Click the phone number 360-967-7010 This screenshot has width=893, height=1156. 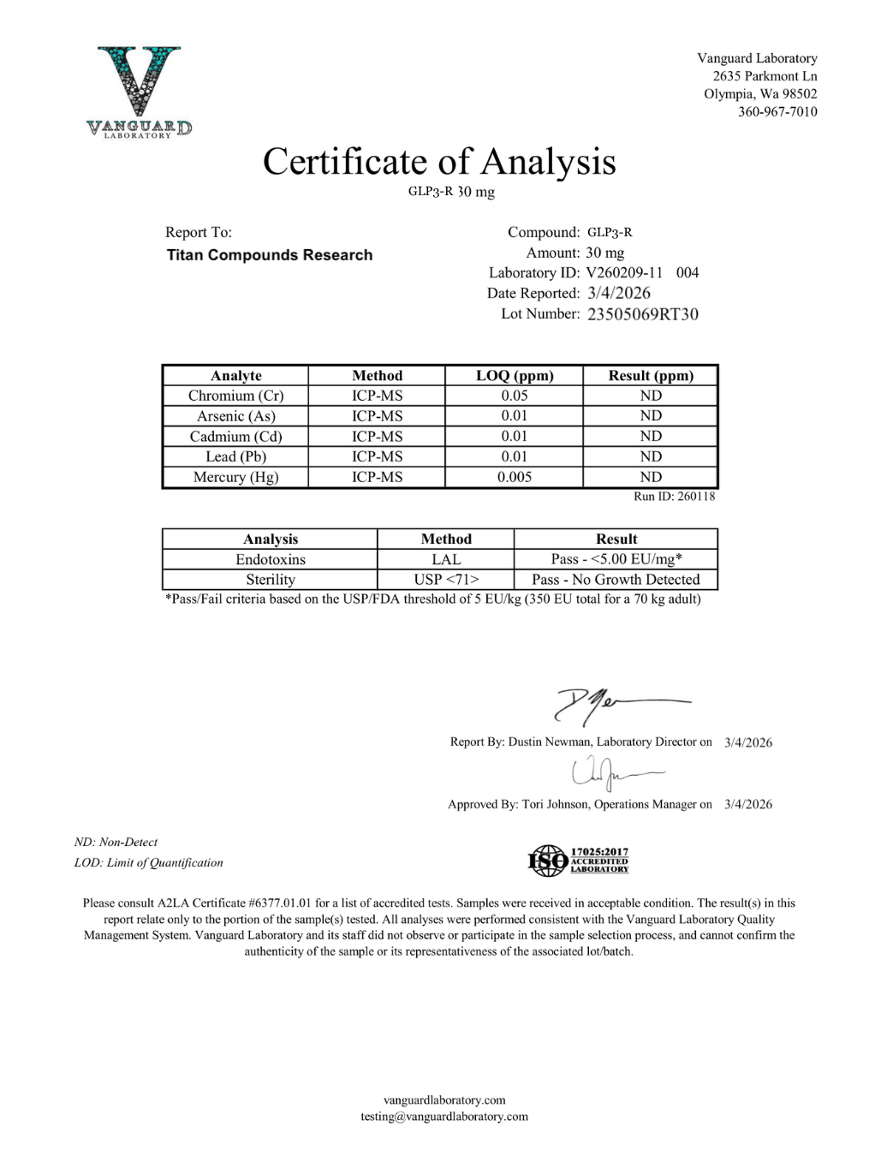(777, 112)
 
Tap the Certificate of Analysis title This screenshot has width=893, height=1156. (438, 162)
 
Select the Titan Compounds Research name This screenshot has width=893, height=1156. (270, 255)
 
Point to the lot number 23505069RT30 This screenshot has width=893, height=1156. (642, 314)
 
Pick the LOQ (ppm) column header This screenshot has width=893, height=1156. (514, 375)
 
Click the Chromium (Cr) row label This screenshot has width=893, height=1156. (235, 396)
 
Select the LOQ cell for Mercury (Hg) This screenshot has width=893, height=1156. (514, 477)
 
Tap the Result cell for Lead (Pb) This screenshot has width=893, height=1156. (651, 456)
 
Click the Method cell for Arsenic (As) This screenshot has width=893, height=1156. (377, 416)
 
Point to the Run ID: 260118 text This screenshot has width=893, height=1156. (674, 497)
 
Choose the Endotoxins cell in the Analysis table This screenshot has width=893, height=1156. (270, 559)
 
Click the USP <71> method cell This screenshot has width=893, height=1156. (445, 580)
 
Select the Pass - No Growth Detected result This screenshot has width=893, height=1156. (616, 580)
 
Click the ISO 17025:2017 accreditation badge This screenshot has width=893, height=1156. (578, 860)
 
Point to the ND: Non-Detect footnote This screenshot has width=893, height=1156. (116, 843)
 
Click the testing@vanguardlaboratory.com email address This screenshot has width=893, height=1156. (444, 1117)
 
